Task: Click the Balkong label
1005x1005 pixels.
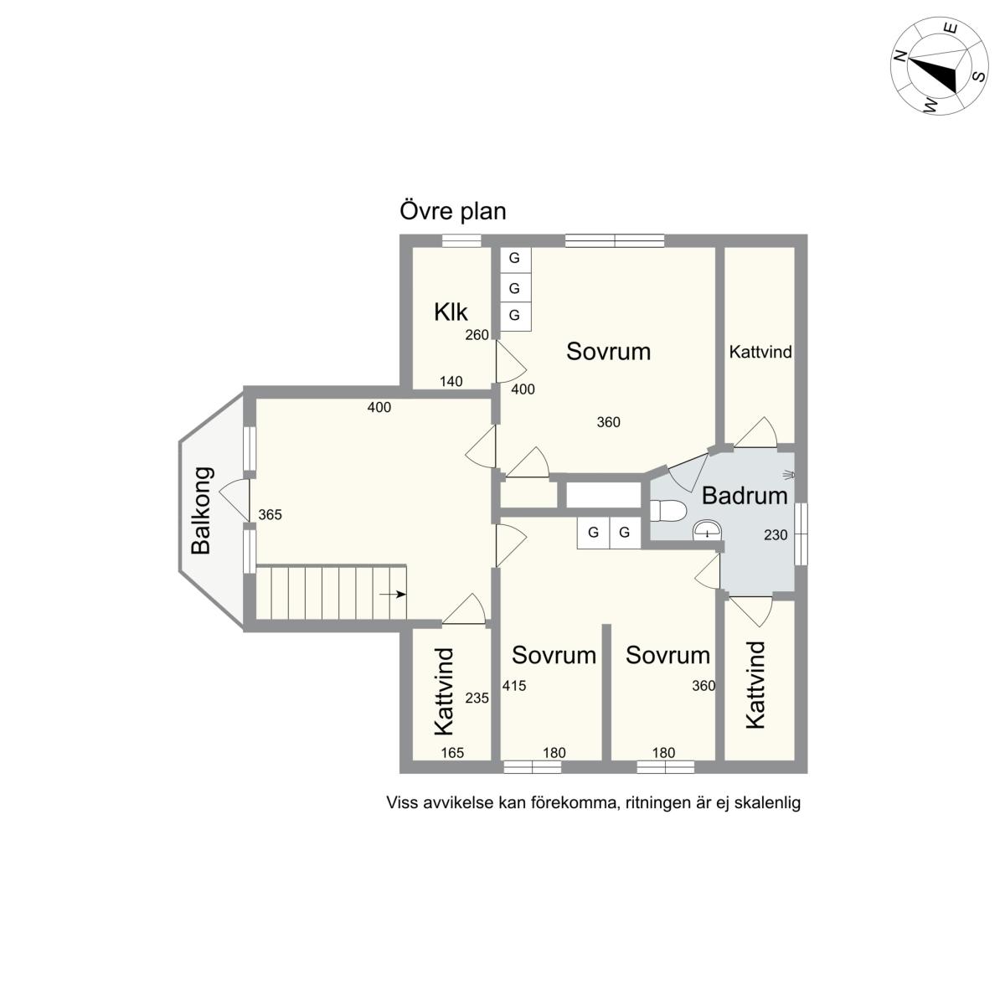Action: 203,511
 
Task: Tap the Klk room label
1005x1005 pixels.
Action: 451,312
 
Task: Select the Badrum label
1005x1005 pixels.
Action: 745,496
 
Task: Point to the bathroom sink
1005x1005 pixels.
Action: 707,530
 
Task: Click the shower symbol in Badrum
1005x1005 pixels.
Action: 789,475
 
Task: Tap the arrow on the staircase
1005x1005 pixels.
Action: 393,594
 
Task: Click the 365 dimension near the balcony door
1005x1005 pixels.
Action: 270,515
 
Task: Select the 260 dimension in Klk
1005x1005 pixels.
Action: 477,335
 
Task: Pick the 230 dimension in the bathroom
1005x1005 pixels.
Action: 776,534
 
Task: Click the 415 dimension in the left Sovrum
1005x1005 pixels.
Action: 513,685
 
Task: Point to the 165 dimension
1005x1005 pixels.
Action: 452,753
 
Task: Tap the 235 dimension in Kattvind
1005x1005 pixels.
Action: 477,698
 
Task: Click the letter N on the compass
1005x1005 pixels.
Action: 899,56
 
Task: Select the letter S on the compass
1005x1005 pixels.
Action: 979,76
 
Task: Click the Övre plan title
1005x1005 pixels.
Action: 453,211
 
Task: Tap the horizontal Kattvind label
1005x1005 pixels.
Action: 760,352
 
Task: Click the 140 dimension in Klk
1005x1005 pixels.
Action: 451,381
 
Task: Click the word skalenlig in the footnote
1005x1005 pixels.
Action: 767,802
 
